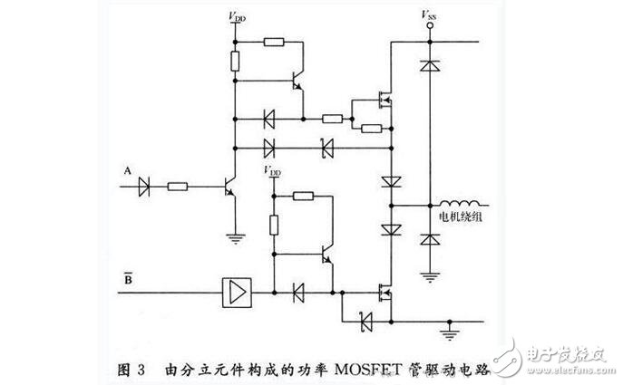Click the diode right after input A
(144, 188)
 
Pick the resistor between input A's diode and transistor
(178, 188)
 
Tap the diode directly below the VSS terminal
(427, 66)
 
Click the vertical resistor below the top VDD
(236, 63)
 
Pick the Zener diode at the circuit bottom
(365, 320)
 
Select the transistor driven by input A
(228, 188)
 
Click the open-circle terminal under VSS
(427, 26)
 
